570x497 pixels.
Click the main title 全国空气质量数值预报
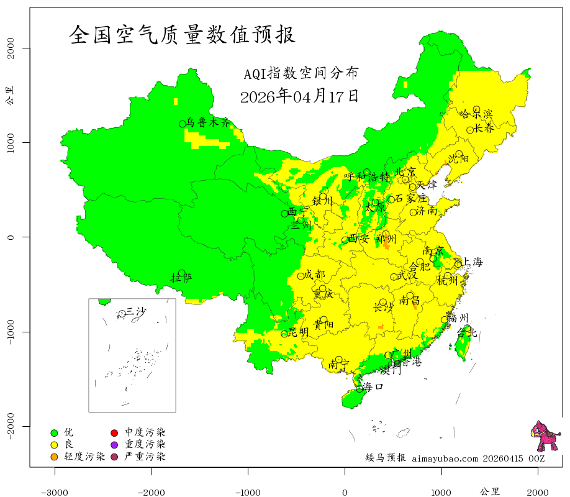[x=183, y=35]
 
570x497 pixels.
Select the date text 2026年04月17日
[x=299, y=96]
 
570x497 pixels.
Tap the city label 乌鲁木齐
[x=208, y=123]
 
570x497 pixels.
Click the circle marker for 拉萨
[x=182, y=273]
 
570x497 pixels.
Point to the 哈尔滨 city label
[x=476, y=114]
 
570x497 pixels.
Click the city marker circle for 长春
[x=470, y=130]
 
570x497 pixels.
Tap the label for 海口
[x=373, y=386]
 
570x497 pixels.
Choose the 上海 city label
[x=471, y=262]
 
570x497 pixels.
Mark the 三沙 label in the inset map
[x=136, y=311]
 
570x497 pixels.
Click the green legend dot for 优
[x=54, y=432]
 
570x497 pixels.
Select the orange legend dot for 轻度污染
[x=54, y=457]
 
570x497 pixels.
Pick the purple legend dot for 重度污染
[x=114, y=445]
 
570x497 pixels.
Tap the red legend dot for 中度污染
[x=114, y=432]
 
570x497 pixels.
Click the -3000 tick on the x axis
[x=55, y=491]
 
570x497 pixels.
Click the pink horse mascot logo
[x=545, y=437]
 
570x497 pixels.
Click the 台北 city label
[x=466, y=333]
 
